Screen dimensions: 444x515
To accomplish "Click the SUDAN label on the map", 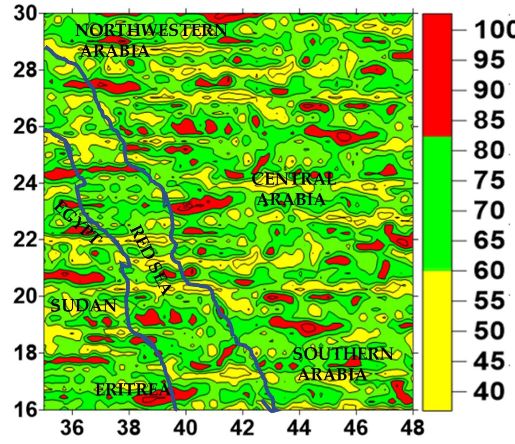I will point(84,305).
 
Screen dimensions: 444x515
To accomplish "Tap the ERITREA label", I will point(132,389).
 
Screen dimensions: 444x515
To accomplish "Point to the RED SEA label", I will point(150,260).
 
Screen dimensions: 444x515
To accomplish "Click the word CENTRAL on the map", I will point(294,179).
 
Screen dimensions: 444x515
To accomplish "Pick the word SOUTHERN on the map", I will point(343,354).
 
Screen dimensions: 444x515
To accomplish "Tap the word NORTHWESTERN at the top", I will point(151,30).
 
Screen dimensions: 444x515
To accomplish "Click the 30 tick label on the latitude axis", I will point(25,14).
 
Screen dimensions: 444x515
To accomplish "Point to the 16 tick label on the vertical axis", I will point(25,409).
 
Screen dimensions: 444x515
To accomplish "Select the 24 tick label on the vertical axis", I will point(25,183).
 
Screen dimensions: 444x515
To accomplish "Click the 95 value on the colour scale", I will point(489,60).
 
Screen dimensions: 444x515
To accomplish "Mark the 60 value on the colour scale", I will point(489,270).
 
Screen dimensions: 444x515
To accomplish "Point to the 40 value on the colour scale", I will point(489,391).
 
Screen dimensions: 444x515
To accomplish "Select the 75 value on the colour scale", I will point(489,180).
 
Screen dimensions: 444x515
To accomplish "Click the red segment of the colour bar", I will point(437,75).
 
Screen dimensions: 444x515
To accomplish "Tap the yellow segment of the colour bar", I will point(437,340).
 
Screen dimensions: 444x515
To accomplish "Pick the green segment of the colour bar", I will point(437,203).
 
